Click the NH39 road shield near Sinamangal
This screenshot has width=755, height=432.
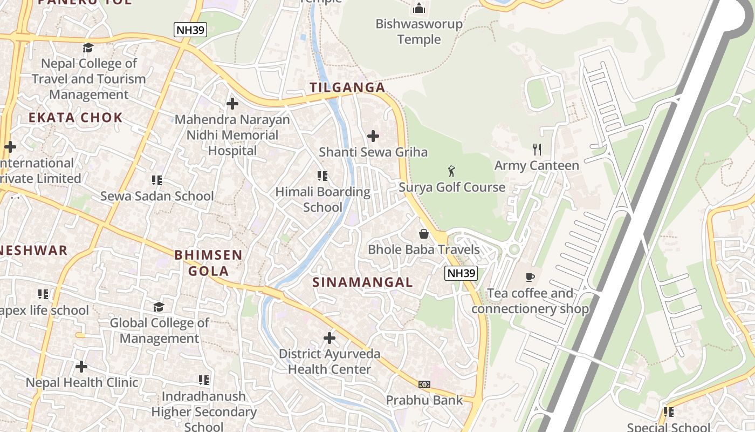(x=461, y=273)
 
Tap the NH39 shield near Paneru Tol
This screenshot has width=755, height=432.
(x=190, y=30)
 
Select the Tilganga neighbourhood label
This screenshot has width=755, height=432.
(x=347, y=87)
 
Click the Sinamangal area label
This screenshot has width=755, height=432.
(x=363, y=282)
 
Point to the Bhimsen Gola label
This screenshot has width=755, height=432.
(x=208, y=262)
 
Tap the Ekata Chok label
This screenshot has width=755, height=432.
(x=75, y=118)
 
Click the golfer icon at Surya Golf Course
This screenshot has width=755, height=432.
(x=451, y=172)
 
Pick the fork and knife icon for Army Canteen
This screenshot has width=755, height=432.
(x=537, y=150)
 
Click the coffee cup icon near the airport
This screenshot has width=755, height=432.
(x=530, y=278)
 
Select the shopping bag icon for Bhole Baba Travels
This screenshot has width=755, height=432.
(x=424, y=234)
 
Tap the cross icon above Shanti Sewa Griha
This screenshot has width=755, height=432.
(x=373, y=136)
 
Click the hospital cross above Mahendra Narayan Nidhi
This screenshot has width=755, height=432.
(x=232, y=103)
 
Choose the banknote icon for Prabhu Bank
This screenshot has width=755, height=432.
(x=424, y=384)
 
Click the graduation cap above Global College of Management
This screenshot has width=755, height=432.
(x=159, y=307)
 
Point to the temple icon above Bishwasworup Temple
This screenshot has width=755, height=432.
(x=419, y=8)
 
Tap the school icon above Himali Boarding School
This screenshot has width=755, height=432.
(x=322, y=176)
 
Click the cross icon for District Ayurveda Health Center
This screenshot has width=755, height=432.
(x=330, y=339)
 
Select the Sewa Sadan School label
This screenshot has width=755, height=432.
(x=157, y=196)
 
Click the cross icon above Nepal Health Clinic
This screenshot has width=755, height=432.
(x=81, y=367)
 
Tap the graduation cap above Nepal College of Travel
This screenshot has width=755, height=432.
(x=88, y=48)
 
